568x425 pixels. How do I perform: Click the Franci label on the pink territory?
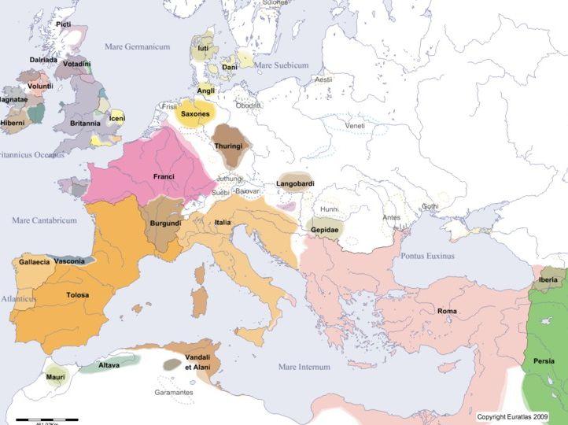[x=164, y=177]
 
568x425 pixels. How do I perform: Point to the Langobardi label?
[x=296, y=184]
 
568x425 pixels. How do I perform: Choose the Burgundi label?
[x=164, y=224]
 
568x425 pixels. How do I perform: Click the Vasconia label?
[x=70, y=261]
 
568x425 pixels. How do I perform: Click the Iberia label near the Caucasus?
[x=548, y=279]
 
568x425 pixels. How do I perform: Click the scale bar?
[x=39, y=419]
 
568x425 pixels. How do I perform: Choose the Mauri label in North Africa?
[x=55, y=377]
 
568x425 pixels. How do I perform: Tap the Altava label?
[x=109, y=365]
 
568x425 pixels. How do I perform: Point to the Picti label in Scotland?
[x=64, y=24]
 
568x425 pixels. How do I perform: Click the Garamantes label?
[x=173, y=392]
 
